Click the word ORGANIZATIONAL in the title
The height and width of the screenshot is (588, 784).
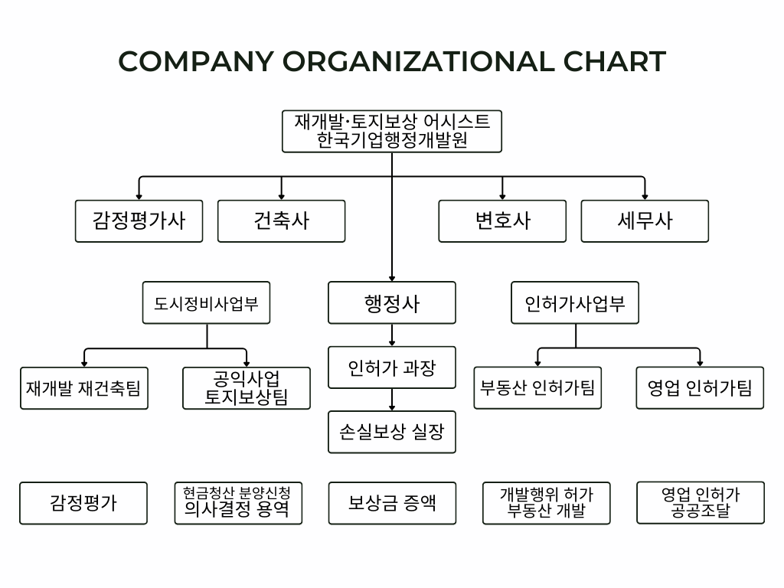(x=418, y=61)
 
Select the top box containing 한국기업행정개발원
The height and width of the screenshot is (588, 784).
(x=392, y=131)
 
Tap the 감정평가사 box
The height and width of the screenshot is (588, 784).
(x=139, y=221)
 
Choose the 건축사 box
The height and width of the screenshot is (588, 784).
(x=281, y=221)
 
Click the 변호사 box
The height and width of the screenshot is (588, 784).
(x=502, y=221)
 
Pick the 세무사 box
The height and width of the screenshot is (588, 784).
(x=645, y=221)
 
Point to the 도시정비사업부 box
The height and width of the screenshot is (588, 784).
(x=207, y=303)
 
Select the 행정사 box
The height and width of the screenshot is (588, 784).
(x=392, y=303)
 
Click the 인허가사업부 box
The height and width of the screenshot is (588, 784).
(x=575, y=303)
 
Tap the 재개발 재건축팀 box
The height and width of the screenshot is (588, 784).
(x=83, y=387)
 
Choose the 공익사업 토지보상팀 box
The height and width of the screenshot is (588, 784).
(x=247, y=388)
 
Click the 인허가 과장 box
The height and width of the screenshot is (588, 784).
(x=392, y=368)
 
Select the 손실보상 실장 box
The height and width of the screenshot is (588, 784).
(x=392, y=432)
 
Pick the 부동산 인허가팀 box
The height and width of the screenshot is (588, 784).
(x=537, y=387)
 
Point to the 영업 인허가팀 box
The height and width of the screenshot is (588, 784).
(x=700, y=387)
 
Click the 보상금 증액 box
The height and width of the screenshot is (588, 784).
(x=392, y=503)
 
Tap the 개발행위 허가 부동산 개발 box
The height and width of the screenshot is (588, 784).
(x=546, y=503)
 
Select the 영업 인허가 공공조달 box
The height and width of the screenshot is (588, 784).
(x=701, y=503)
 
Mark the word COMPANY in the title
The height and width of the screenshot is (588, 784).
(x=195, y=61)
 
